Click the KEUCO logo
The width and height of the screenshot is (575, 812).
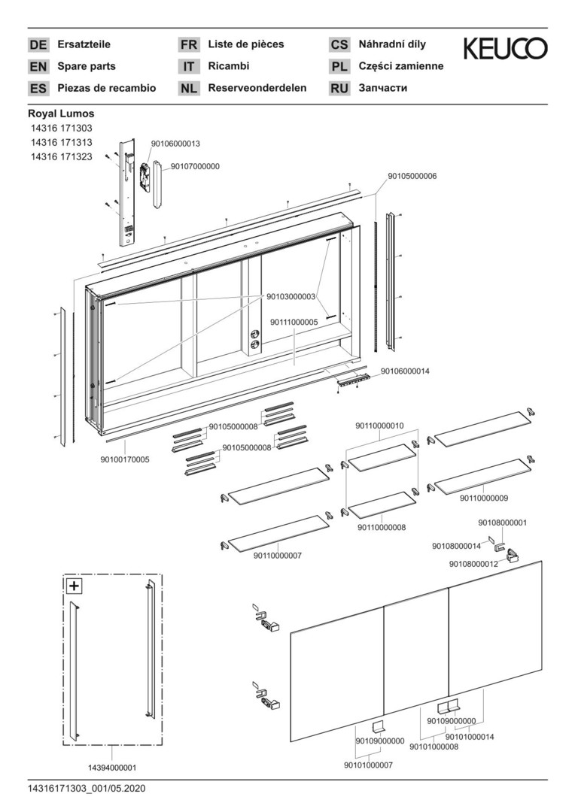tap(505, 50)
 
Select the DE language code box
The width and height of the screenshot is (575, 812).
tap(38, 45)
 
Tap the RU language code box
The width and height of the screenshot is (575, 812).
tap(339, 88)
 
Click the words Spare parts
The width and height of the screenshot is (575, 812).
tap(87, 66)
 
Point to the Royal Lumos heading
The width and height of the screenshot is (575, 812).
tap(61, 114)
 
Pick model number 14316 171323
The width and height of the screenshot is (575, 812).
tap(61, 156)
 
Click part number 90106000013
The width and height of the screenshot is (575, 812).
tap(175, 143)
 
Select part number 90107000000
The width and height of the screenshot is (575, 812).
tap(195, 166)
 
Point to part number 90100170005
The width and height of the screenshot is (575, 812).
tap(125, 459)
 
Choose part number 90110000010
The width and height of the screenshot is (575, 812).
tap(379, 426)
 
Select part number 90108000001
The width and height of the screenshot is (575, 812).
tap(502, 523)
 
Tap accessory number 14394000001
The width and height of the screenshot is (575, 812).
tap(111, 768)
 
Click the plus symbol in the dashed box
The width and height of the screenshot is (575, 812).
tap(75, 586)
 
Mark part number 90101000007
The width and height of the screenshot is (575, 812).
tap(369, 765)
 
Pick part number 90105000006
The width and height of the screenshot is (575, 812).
tap(412, 176)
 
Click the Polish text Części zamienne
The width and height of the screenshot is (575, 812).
tap(401, 66)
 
